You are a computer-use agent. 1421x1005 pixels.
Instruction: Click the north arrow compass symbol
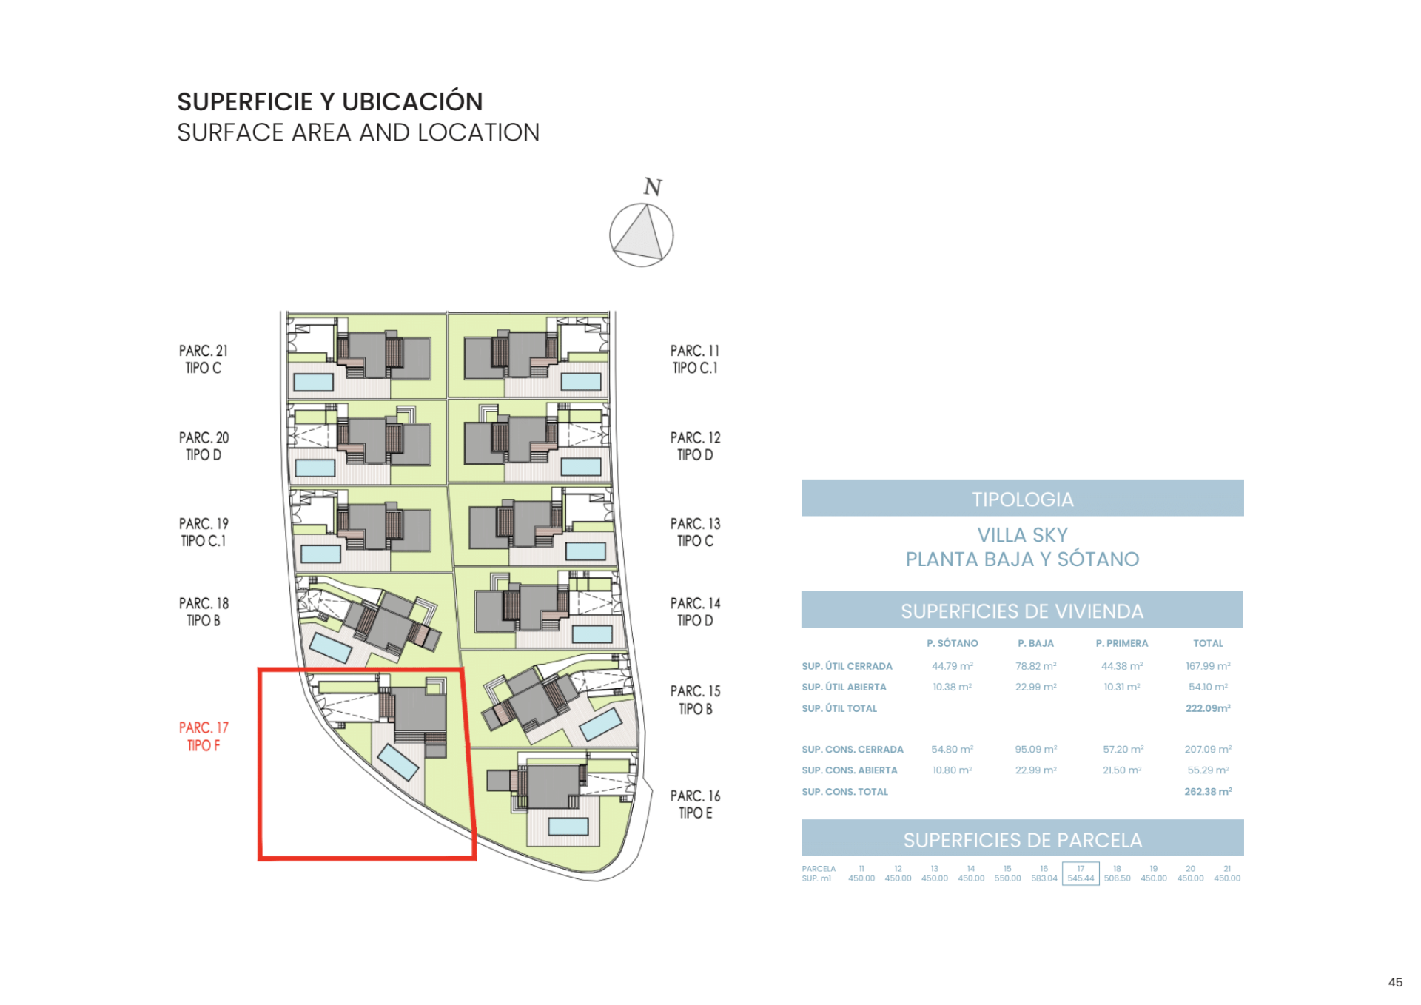pos(641,235)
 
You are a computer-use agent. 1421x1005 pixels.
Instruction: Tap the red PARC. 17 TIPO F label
pos(204,736)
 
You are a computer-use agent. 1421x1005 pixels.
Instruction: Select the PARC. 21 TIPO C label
pos(204,359)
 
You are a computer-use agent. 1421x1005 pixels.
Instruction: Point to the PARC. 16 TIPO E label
pos(695,804)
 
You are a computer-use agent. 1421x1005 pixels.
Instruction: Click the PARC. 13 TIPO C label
pos(695,532)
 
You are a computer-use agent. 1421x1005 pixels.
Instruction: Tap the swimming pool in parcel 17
pos(398,762)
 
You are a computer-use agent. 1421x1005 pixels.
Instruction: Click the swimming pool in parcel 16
pos(568,826)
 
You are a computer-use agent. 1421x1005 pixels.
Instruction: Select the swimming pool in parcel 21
pos(313,382)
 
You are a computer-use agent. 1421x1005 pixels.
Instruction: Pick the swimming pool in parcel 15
pos(601,725)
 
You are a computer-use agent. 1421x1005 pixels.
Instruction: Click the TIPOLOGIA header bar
pos(1022,499)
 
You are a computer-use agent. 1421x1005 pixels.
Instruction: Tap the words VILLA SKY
pos(1022,534)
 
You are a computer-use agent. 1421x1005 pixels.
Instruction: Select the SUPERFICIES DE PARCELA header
pos(1022,840)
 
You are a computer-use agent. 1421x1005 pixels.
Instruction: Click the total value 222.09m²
pos(1207,708)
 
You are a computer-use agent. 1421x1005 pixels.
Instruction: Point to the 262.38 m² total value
pos(1207,791)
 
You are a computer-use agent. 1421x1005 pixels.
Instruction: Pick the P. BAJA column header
pos(1035,643)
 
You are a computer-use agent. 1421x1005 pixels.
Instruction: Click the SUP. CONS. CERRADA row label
pos(852,749)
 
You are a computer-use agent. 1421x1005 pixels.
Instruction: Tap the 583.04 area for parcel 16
pos(1044,878)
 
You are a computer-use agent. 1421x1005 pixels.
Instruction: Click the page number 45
pos(1395,982)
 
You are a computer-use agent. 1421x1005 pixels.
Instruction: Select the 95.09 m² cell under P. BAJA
pos(1035,749)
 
